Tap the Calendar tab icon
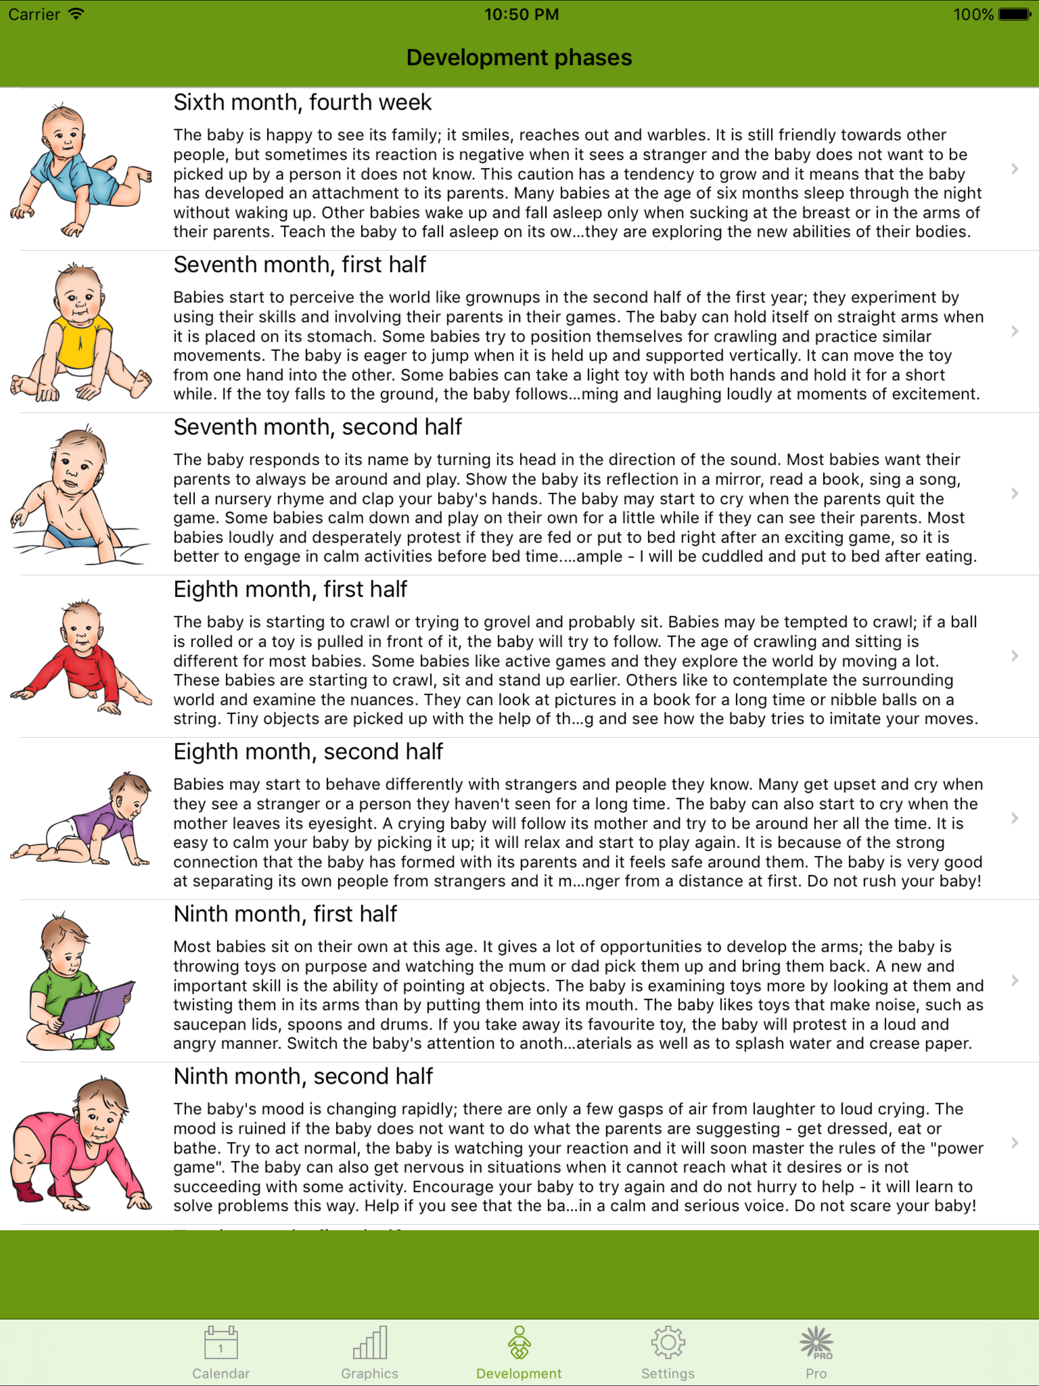click(221, 1342)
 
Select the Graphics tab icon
click(370, 1342)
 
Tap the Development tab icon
click(519, 1342)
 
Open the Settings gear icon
click(668, 1342)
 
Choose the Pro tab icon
click(816, 1342)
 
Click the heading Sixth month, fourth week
click(302, 102)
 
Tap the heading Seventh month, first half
click(299, 264)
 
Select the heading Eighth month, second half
click(307, 751)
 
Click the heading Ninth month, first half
click(285, 914)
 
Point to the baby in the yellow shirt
click(80, 332)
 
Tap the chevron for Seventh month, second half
click(1015, 494)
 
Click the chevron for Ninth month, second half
click(1015, 1143)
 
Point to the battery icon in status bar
click(1014, 14)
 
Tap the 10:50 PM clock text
click(522, 14)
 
